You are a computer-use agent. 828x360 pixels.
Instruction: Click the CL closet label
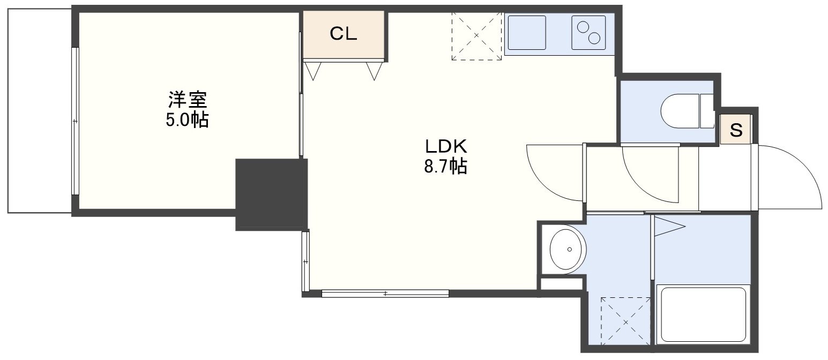tap(343, 34)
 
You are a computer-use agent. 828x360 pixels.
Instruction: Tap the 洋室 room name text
tap(188, 99)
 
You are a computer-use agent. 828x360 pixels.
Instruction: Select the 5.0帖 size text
tap(187, 120)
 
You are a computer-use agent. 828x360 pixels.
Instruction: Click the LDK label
tap(446, 146)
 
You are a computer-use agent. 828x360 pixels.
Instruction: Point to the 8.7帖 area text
tap(445, 166)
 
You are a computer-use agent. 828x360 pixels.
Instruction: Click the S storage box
tap(736, 129)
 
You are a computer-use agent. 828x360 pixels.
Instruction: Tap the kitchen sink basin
tap(527, 33)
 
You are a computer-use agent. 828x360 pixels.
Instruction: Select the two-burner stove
tap(588, 33)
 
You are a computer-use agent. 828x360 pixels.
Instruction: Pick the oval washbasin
tap(568, 250)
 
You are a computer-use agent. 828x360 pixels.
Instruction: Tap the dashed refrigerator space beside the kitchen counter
tap(476, 36)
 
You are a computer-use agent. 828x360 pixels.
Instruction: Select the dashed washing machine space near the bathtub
tap(625, 322)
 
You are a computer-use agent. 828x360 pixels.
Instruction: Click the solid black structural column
tap(272, 194)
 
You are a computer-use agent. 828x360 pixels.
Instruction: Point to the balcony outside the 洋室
tap(40, 111)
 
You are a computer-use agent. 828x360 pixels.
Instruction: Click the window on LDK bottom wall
tap(385, 294)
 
